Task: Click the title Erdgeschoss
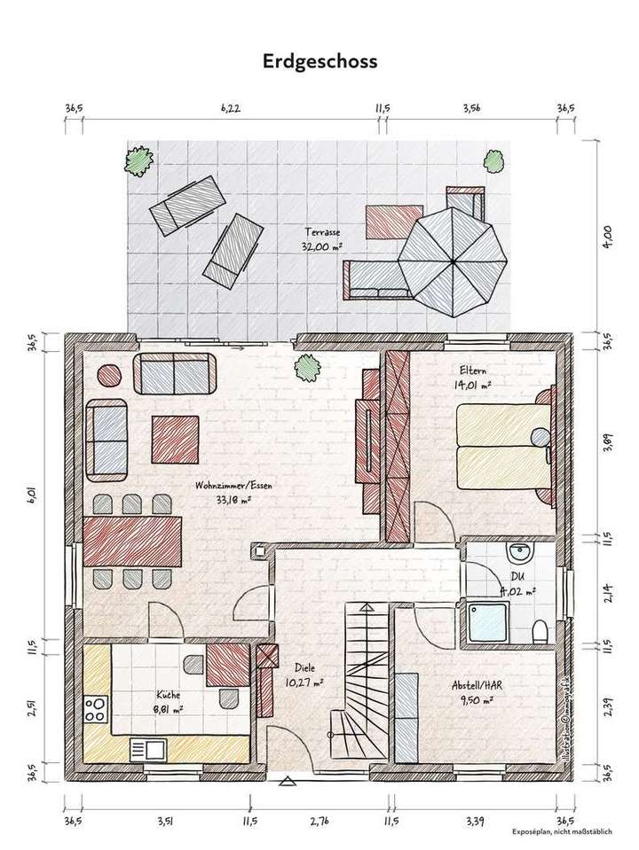coord(319,61)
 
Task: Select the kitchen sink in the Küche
coord(146,750)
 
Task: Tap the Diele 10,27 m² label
coord(304,675)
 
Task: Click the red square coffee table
coord(175,439)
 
